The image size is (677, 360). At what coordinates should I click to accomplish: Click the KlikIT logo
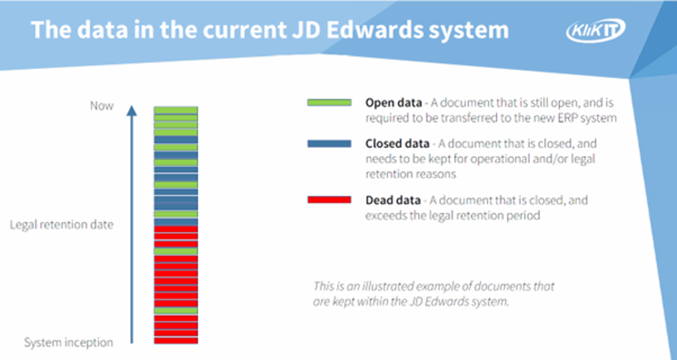point(596,29)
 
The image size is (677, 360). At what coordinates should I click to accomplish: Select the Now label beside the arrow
point(102,106)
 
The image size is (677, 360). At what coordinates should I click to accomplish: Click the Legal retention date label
point(61,225)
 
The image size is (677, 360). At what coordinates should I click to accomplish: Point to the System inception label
point(68,342)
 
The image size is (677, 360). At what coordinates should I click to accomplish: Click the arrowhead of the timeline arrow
point(131,110)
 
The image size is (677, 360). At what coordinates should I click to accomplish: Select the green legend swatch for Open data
point(329,102)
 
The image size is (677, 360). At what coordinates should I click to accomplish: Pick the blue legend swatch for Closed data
point(329,144)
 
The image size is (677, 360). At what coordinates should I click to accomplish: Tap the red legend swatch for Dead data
point(329,200)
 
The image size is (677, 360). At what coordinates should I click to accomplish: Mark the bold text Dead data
point(392,200)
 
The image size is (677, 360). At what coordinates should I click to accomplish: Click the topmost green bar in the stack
point(176,110)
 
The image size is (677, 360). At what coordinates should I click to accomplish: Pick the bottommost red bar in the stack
point(176,341)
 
